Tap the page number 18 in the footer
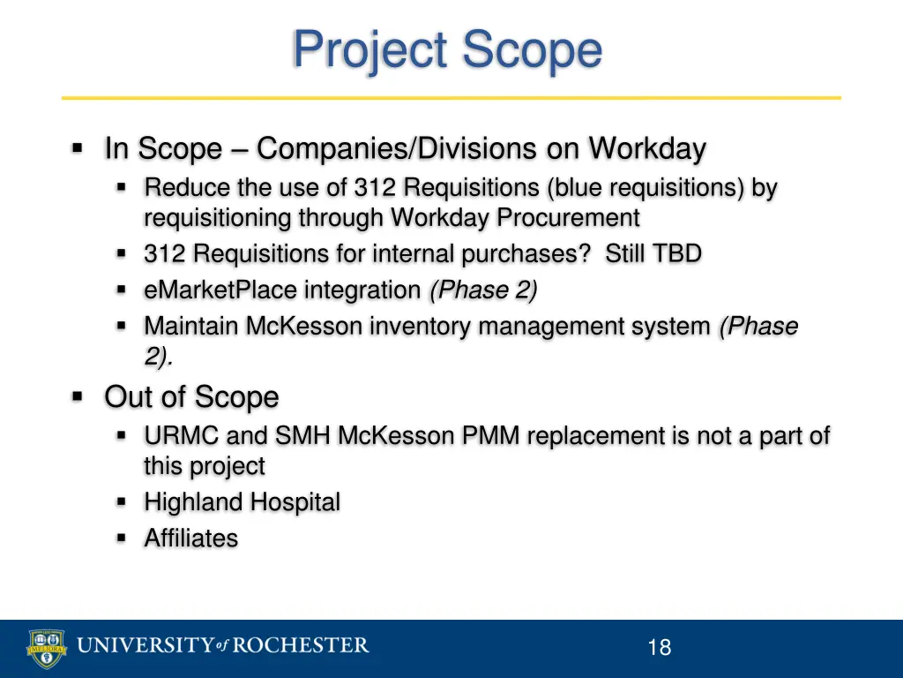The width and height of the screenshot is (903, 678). tap(659, 648)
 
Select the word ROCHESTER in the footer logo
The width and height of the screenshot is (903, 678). tap(300, 646)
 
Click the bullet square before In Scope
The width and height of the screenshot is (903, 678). tap(78, 148)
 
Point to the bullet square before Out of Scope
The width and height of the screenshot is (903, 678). tap(78, 396)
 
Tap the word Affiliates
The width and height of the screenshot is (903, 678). tap(191, 539)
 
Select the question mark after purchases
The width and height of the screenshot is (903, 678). tap(586, 254)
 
